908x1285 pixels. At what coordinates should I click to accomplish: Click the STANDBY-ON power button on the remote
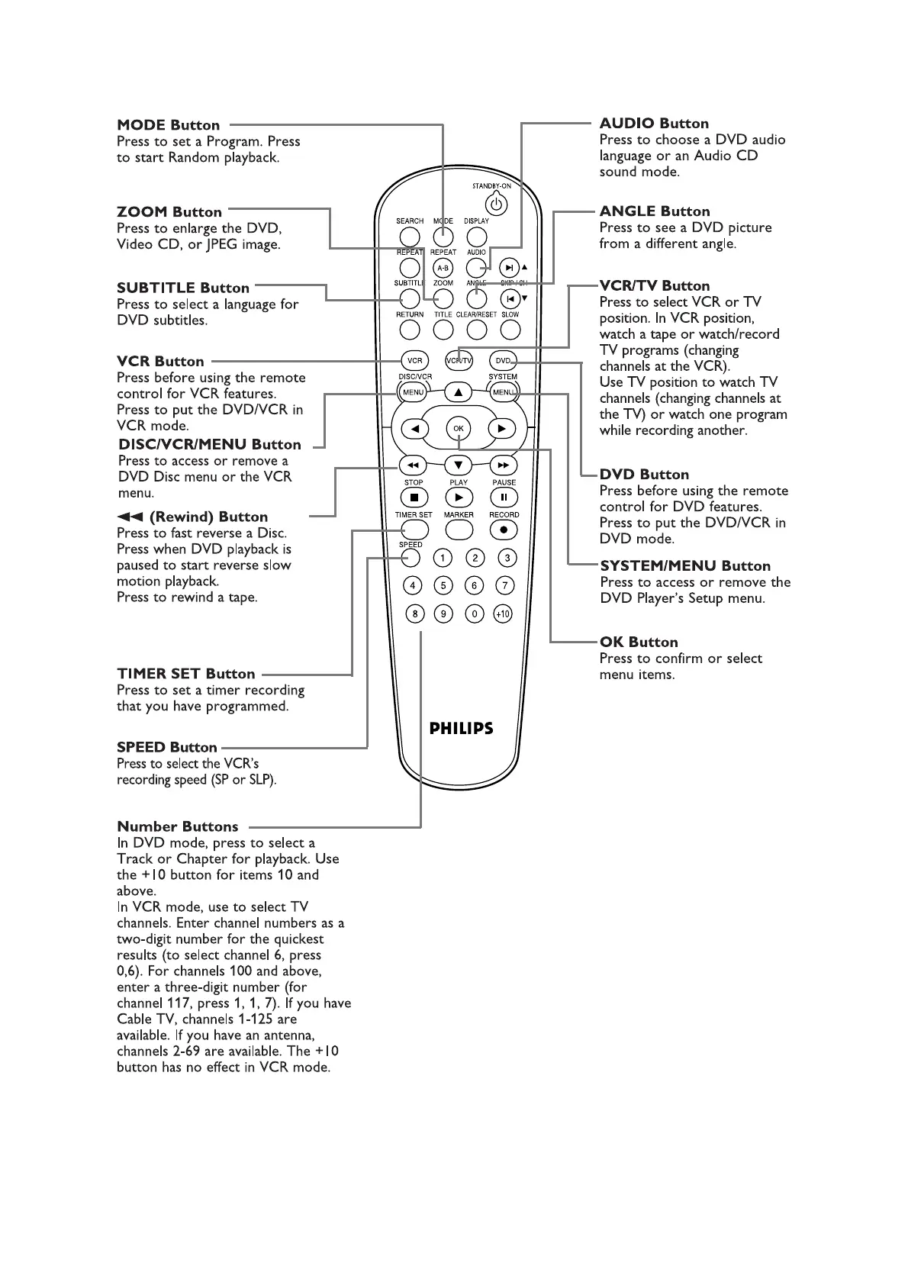tap(497, 204)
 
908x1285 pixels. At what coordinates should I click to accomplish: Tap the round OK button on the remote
tap(459, 428)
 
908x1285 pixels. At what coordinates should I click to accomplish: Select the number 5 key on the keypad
tap(443, 585)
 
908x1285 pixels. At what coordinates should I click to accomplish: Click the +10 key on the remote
tap(502, 614)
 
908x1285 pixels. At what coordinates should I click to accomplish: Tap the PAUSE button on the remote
tap(504, 498)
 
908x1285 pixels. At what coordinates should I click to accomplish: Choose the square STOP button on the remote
tap(414, 498)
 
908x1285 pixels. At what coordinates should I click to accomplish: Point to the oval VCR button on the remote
tap(414, 361)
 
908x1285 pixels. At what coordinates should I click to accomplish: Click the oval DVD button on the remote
tap(503, 361)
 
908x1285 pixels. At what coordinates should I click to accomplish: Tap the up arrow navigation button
tap(459, 392)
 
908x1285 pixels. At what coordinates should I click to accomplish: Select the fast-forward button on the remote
tap(503, 465)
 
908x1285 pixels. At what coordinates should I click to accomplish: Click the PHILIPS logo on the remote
tap(461, 729)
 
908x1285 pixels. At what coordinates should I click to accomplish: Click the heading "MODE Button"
tap(168, 125)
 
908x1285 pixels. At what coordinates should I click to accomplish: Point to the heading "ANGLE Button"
tap(655, 211)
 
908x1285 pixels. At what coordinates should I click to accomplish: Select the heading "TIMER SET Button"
tap(185, 674)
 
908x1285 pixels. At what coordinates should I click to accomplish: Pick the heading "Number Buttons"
tap(177, 826)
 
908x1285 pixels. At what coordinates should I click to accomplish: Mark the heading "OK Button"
tap(639, 642)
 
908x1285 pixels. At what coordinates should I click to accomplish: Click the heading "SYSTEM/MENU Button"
tap(685, 566)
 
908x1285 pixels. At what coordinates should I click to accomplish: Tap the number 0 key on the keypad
tap(475, 614)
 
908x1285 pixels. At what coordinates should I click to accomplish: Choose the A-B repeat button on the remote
tap(443, 268)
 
